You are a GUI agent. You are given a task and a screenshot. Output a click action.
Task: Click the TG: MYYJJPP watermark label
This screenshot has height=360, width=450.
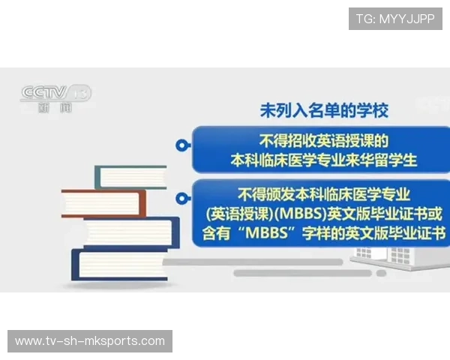[x=395, y=19]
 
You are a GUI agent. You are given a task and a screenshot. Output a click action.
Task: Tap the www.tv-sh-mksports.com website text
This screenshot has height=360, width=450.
[x=90, y=341]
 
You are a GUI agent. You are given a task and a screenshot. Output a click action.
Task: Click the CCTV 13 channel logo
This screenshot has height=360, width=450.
[x=55, y=94]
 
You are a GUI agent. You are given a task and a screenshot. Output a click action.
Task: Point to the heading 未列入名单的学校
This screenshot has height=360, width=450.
[x=324, y=111]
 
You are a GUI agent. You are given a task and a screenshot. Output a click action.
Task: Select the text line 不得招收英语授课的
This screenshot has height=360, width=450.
[x=323, y=140]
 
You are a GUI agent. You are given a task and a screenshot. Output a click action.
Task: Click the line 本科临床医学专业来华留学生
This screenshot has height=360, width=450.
[x=323, y=160]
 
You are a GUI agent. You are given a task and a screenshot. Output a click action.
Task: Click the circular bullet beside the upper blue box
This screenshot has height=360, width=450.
[x=180, y=145]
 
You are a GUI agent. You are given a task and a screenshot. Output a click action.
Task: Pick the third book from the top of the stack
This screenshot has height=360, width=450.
[x=131, y=232]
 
